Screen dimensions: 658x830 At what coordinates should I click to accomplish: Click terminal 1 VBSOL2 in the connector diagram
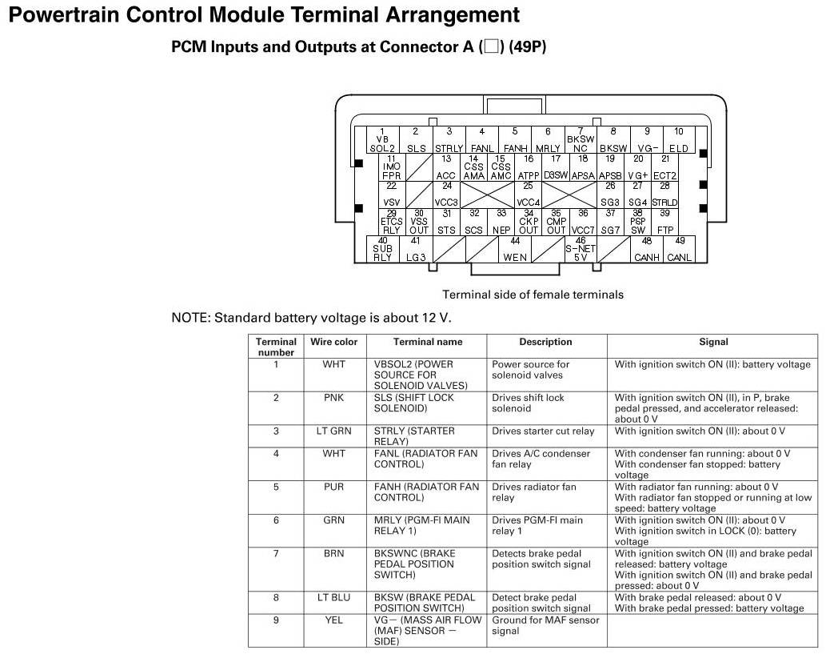(x=382, y=140)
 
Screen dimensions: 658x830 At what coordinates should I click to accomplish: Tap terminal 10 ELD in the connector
(x=678, y=140)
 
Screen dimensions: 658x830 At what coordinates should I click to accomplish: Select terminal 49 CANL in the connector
(x=679, y=249)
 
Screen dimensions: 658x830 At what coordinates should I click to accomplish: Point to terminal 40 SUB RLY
(x=383, y=249)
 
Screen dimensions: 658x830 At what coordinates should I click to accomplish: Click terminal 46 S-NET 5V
(x=581, y=249)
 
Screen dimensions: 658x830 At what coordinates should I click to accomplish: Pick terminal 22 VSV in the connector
(x=391, y=195)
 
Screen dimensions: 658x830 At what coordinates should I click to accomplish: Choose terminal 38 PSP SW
(x=637, y=222)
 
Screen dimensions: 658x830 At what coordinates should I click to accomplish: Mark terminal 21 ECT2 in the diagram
(x=664, y=167)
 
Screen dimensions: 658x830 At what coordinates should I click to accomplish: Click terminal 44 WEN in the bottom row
(x=515, y=249)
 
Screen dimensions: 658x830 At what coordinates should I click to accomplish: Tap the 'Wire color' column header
(x=333, y=342)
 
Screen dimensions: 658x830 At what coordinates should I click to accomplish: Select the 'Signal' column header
(x=713, y=342)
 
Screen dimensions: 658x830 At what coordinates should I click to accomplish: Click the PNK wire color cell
(x=333, y=398)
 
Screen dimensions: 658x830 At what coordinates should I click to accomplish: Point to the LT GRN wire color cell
(x=333, y=431)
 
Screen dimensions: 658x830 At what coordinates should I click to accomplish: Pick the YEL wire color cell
(x=333, y=620)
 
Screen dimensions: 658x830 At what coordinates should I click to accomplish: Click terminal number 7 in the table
(x=276, y=554)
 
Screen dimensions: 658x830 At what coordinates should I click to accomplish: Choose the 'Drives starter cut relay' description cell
(x=543, y=431)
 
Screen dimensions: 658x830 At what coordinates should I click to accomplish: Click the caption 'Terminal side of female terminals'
(x=533, y=295)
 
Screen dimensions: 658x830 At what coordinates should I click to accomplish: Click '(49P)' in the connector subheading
(x=527, y=47)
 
